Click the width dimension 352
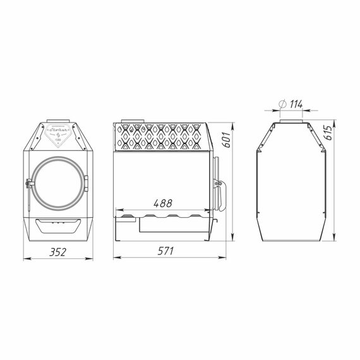pyautogui.click(x=57, y=251)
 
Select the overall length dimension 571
pyautogui.click(x=165, y=251)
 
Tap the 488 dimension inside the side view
pyautogui.click(x=162, y=204)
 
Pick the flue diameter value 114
pyautogui.click(x=295, y=104)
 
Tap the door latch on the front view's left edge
pyautogui.click(x=29, y=184)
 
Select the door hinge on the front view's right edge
pyautogui.click(x=87, y=184)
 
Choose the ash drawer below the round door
pyautogui.click(x=58, y=224)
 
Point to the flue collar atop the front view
pyautogui.click(x=57, y=121)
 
